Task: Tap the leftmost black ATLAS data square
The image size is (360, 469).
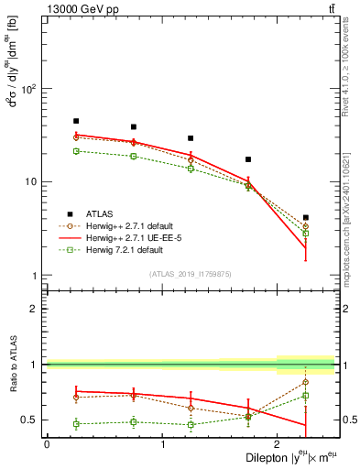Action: [76, 121]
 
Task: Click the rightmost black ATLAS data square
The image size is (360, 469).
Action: [305, 218]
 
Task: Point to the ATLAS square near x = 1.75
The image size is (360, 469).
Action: [248, 159]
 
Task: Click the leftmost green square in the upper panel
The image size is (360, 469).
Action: [76, 150]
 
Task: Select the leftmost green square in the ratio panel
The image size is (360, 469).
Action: [76, 424]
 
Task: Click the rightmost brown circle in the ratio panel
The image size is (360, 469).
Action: [305, 382]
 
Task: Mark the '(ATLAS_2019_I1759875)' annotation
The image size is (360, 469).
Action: [190, 274]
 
